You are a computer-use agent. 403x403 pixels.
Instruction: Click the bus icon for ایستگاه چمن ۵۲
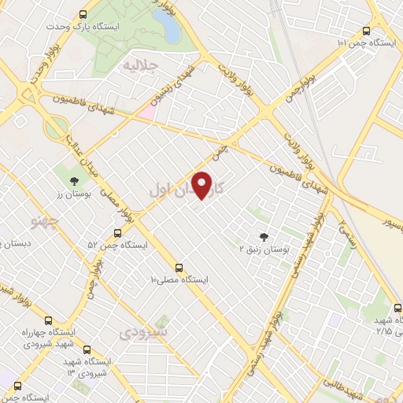117,233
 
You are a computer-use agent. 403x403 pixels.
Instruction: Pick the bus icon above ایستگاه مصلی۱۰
179,268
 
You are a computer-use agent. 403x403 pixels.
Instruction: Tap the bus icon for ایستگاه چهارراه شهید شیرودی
50,320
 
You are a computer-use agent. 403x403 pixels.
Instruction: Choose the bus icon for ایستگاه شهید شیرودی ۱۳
87,349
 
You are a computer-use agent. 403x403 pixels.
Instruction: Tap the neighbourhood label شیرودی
144,333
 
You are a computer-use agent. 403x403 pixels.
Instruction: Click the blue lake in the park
168,25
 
